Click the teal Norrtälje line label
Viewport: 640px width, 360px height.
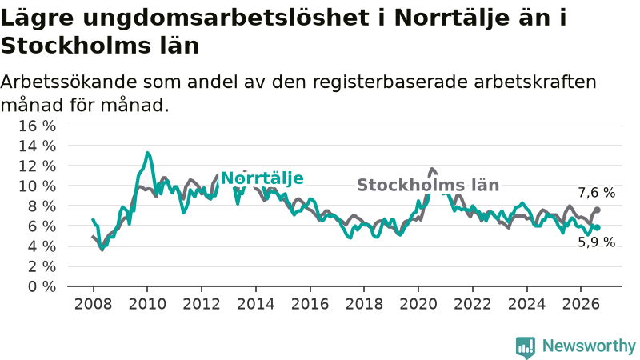tap(262, 178)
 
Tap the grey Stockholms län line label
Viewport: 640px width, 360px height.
tap(428, 185)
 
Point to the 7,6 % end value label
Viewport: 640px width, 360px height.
tap(596, 192)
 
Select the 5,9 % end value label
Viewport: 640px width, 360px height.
tap(596, 242)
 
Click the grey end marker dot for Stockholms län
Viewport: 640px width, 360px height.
tap(597, 210)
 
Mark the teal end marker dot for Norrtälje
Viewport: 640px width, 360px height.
tap(598, 227)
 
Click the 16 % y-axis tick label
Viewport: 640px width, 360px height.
tap(37, 126)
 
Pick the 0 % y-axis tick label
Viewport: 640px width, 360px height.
tap(42, 286)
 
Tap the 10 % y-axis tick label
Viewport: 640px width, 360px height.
tap(37, 186)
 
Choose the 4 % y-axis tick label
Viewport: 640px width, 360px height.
tap(42, 246)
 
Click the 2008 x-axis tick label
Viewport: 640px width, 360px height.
tap(93, 304)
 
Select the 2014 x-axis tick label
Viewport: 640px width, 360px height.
tap(256, 304)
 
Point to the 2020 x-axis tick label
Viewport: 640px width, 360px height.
tap(418, 304)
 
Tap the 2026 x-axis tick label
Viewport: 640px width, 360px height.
tap(581, 304)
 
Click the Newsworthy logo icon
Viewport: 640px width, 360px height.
tap(526, 347)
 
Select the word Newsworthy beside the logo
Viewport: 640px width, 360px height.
tap(589, 346)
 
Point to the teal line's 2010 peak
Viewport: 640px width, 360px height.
tap(147, 153)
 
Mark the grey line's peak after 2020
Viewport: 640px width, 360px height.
tap(432, 169)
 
